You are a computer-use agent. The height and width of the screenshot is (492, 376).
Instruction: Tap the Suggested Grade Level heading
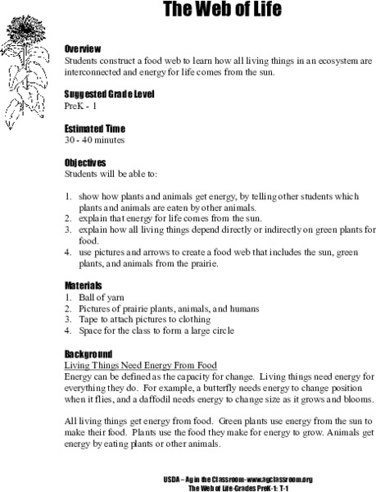point(109,93)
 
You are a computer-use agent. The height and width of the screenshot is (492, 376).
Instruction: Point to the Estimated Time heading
point(97,127)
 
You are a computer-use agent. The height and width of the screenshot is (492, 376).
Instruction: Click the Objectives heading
point(87,163)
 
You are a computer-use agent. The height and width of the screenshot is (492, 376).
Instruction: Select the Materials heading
point(84,285)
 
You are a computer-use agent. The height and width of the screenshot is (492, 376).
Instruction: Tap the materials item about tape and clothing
point(143,319)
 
